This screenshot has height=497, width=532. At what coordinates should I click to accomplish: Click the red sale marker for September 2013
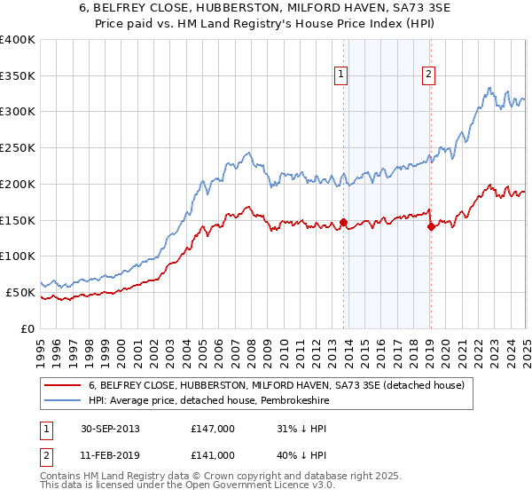[x=343, y=222]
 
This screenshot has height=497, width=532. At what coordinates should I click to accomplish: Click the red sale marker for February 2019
[x=430, y=226]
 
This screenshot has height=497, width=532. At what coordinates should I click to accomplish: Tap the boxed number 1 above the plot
[x=341, y=75]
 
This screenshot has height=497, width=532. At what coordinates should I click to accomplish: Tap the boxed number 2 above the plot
[x=428, y=75]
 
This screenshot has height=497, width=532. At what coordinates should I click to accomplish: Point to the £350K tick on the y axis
[x=18, y=76]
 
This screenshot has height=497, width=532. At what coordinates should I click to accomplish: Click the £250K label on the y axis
[x=18, y=148]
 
